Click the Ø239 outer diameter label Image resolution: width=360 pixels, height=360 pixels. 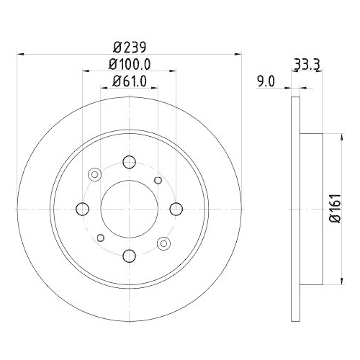point(130,47)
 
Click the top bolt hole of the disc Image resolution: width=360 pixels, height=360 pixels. point(130,161)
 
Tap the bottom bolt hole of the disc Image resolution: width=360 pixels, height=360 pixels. point(130,255)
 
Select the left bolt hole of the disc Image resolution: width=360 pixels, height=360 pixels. point(82,208)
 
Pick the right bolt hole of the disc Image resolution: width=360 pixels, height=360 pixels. point(177,208)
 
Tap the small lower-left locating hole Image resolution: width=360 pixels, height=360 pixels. point(100,237)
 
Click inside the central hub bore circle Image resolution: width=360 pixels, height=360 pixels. point(130,208)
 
